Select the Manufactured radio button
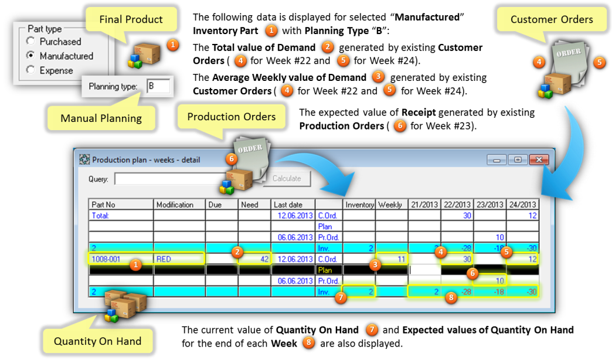(x=30, y=56)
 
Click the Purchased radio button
(x=30, y=41)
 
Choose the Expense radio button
(x=30, y=70)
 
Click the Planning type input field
(x=158, y=86)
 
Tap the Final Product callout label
(x=131, y=19)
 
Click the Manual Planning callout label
(x=101, y=118)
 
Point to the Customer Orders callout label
(x=552, y=19)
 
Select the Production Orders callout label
(x=232, y=116)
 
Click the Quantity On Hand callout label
(x=97, y=341)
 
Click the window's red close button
(x=539, y=159)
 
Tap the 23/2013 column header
(x=490, y=204)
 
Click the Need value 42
(x=264, y=259)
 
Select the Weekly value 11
(x=401, y=259)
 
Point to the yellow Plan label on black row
(x=325, y=270)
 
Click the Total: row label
(x=100, y=215)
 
